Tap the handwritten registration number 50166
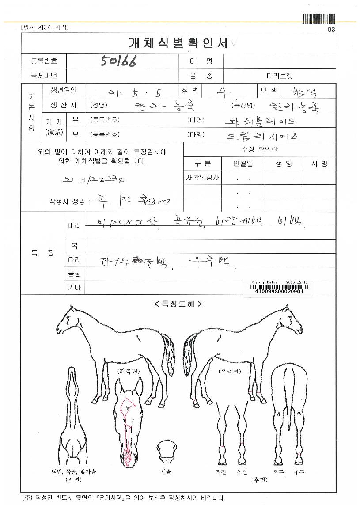[118, 61]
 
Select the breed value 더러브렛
[280, 76]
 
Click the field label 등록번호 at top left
[44, 61]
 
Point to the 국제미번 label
[44, 76]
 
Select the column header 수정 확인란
[260, 149]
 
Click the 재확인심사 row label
[202, 178]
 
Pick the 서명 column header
[319, 163]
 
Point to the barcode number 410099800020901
[280, 292]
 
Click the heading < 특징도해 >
[178, 304]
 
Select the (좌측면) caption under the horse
[129, 372]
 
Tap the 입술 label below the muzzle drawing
[166, 471]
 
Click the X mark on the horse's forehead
[128, 408]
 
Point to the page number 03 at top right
[331, 30]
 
